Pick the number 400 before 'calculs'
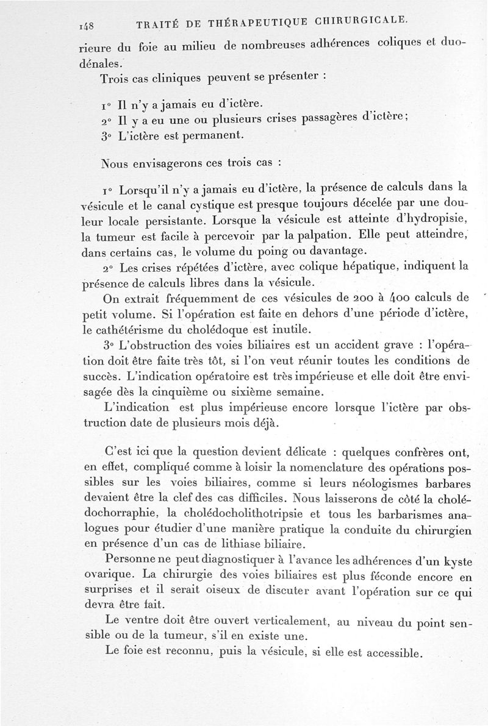point(403,298)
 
